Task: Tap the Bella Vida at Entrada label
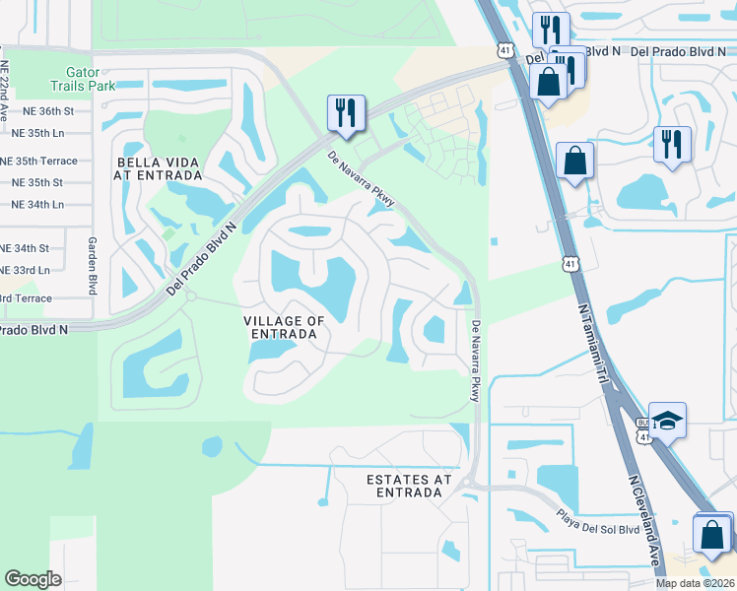tap(158, 168)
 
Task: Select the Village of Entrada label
tap(285, 328)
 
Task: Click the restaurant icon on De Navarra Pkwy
tap(346, 113)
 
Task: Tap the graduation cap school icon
tap(667, 421)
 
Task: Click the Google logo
tap(33, 578)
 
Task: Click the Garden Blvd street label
tap(93, 265)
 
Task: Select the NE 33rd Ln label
tap(25, 270)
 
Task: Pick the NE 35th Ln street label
tap(36, 131)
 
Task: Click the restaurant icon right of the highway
tap(672, 144)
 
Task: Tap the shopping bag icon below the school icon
tap(712, 534)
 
